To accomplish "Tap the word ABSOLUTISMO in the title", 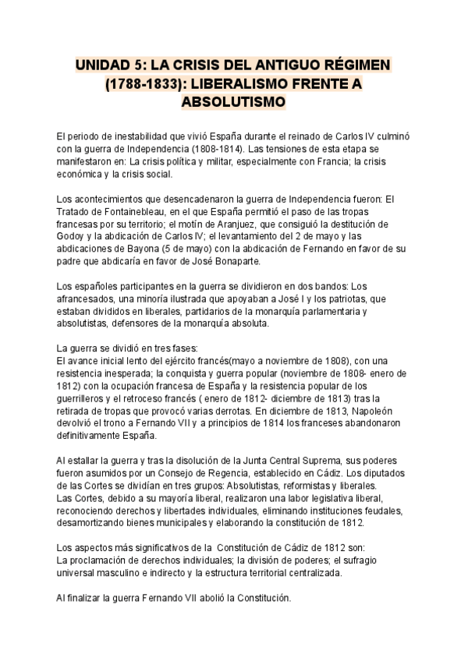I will [234, 102].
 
